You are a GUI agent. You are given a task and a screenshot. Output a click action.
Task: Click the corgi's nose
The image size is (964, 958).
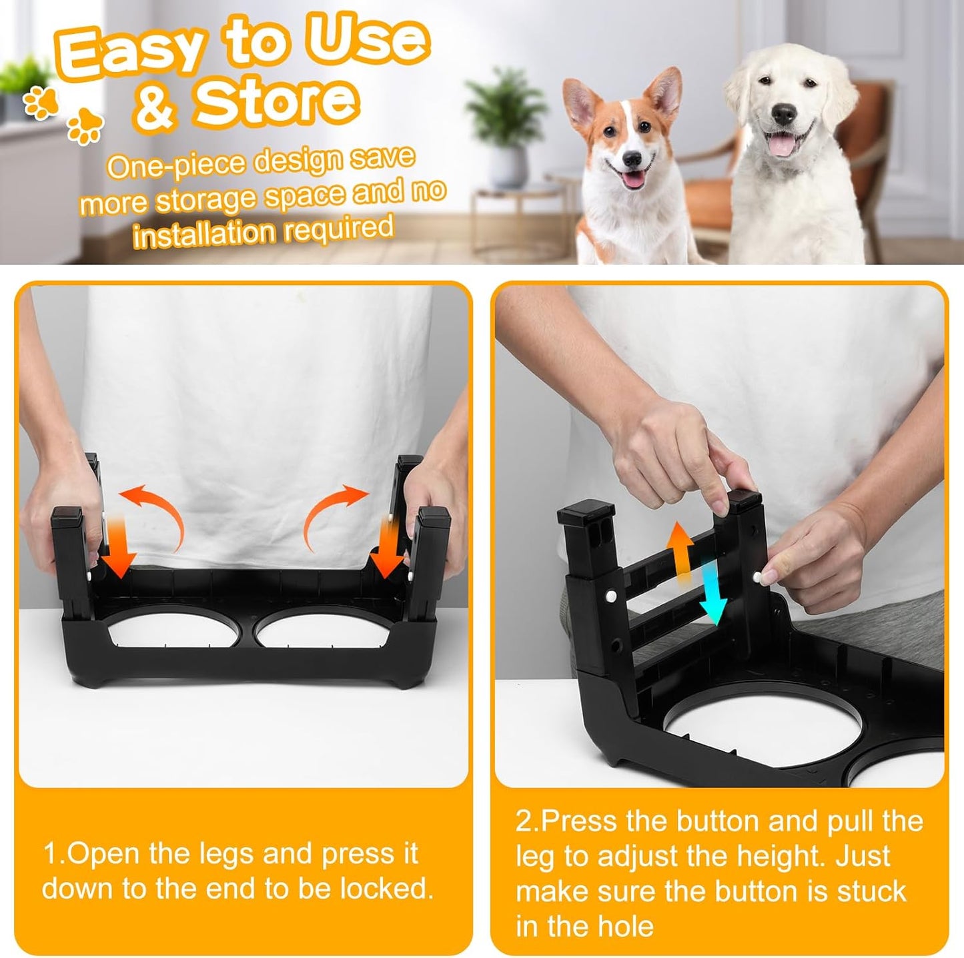(631, 160)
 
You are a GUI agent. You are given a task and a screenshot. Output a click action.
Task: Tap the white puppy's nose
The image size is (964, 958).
(785, 114)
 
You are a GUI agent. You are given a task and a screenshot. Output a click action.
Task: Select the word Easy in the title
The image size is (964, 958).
(131, 52)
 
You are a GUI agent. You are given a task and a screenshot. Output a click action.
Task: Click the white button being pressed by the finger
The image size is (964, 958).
(757, 575)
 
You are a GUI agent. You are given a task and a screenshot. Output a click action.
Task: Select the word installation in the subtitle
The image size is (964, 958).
(203, 234)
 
